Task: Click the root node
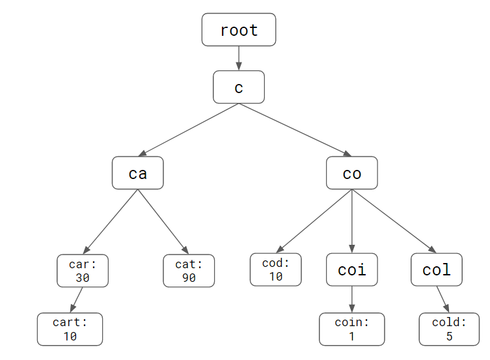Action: pos(239,30)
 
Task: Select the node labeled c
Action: pos(239,87)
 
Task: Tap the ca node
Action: pos(137,173)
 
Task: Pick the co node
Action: pos(351,173)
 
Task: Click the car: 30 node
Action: pos(83,271)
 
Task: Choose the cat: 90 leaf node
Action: pos(189,271)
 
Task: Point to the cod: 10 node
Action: pos(276,270)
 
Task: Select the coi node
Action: pos(351,270)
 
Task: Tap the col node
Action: pos(437,270)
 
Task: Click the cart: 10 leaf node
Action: pos(70,329)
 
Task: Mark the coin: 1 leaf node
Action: pos(351,329)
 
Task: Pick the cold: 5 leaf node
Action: pos(449,329)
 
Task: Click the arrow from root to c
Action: pos(239,59)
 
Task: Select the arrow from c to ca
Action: pos(189,130)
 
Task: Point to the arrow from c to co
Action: pos(295,130)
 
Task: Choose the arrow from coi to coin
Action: pos(351,299)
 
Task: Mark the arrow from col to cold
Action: pos(442,299)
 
